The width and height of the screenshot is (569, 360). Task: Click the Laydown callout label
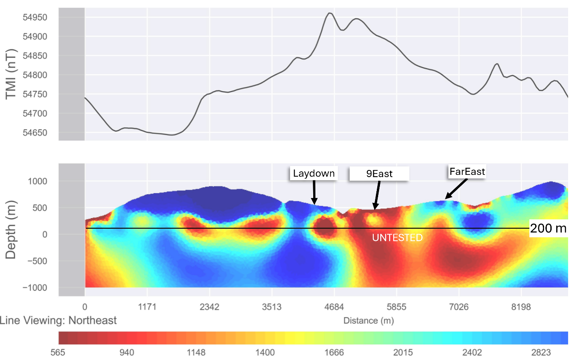[313, 173]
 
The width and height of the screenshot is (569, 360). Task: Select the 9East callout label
[379, 174]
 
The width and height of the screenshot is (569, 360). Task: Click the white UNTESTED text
[397, 238]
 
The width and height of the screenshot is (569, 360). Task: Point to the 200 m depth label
[548, 229]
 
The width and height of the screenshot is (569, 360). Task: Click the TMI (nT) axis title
[12, 74]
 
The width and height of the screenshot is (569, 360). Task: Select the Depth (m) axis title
[12, 229]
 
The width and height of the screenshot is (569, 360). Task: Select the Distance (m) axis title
[368, 320]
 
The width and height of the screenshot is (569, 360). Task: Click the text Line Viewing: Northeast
[58, 320]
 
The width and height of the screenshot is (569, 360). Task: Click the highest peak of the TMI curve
[329, 13]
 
